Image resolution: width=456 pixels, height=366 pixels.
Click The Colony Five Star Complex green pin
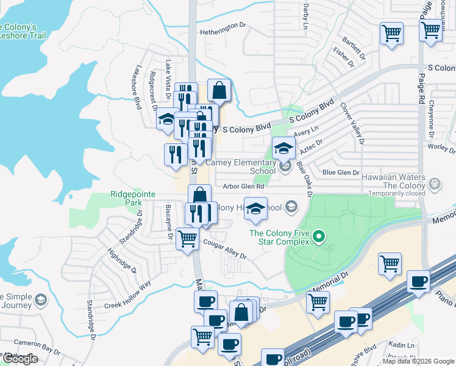(318, 236)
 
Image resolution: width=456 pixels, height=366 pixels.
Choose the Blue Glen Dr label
(341, 173)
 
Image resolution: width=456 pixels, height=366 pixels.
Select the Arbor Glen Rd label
(244, 187)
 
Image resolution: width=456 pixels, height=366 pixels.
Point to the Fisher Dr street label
(342, 59)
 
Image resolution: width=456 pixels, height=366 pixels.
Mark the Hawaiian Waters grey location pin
(435, 183)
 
